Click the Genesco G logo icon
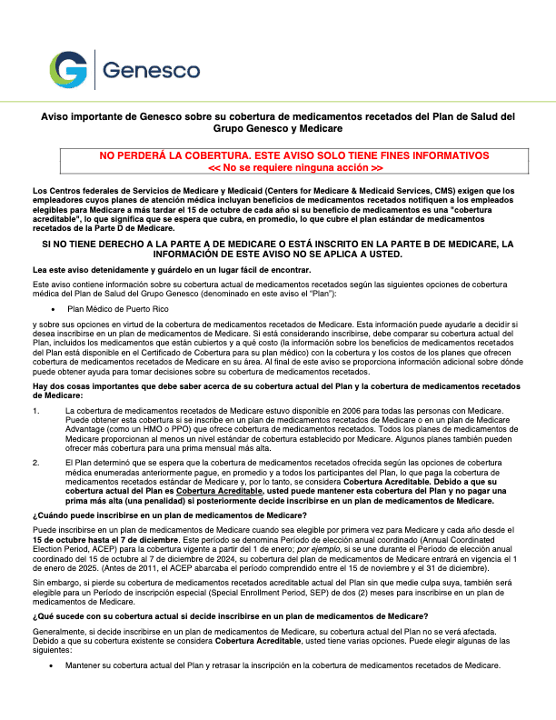coord(69,70)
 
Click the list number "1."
coord(35,410)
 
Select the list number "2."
coord(35,463)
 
